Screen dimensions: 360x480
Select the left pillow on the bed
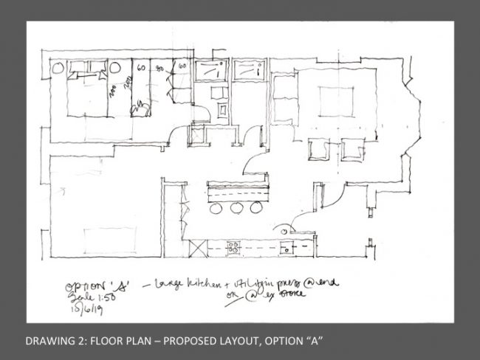click(x=76, y=74)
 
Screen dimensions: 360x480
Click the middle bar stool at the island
click(x=237, y=208)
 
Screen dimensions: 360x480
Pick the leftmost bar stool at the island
click(x=216, y=209)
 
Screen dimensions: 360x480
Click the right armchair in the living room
click(x=351, y=150)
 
